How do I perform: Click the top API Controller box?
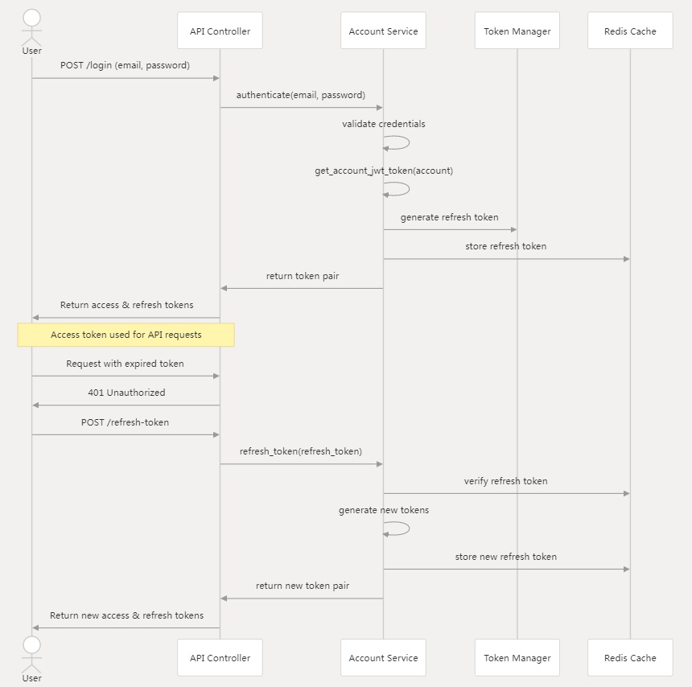click(220, 31)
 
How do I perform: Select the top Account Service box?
click(383, 31)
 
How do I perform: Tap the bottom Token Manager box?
click(517, 658)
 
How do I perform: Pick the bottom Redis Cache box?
click(630, 658)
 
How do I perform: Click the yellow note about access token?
click(126, 335)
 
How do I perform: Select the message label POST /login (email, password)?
click(125, 65)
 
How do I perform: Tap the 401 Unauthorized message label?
click(126, 393)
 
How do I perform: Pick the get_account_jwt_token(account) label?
click(384, 171)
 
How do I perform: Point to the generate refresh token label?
click(449, 217)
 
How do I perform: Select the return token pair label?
click(303, 276)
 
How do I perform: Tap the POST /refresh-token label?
click(125, 422)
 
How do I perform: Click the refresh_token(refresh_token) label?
click(300, 451)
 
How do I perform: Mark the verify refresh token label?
click(505, 481)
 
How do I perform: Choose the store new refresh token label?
click(505, 557)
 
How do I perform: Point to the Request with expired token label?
click(125, 364)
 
